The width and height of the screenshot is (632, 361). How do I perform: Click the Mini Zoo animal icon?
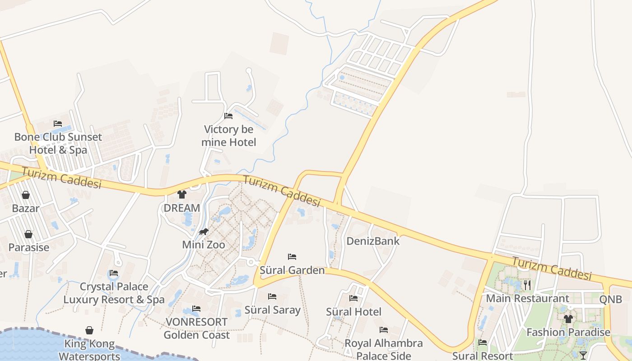pyautogui.click(x=204, y=232)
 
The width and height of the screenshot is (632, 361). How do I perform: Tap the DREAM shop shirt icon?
pyautogui.click(x=182, y=194)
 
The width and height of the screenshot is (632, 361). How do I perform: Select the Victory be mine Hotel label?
pyautogui.click(x=228, y=136)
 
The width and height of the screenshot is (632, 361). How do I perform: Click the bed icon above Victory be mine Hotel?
pyautogui.click(x=228, y=116)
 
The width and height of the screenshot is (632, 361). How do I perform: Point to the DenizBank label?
pyautogui.click(x=373, y=241)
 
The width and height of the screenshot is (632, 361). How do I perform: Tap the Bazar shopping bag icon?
pyautogui.click(x=26, y=195)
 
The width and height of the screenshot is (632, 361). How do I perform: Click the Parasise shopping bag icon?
pyautogui.click(x=28, y=234)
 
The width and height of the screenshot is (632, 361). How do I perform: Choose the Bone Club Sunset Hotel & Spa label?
pyautogui.click(x=58, y=143)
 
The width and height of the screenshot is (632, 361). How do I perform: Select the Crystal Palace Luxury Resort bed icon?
pyautogui.click(x=114, y=273)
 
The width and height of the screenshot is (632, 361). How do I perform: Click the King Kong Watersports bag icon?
pyautogui.click(x=89, y=330)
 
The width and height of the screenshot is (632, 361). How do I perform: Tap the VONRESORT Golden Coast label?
pyautogui.click(x=196, y=329)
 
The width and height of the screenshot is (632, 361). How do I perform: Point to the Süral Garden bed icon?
pyautogui.click(x=292, y=257)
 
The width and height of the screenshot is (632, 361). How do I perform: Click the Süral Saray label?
pyautogui.click(x=272, y=310)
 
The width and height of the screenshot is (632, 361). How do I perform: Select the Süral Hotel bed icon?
pyautogui.click(x=353, y=298)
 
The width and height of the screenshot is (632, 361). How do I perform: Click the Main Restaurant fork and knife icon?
pyautogui.click(x=527, y=285)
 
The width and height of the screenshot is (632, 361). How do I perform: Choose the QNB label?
pyautogui.click(x=610, y=299)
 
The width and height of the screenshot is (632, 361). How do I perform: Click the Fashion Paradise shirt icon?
pyautogui.click(x=568, y=319)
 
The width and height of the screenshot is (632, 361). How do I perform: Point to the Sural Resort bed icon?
pyautogui.click(x=483, y=342)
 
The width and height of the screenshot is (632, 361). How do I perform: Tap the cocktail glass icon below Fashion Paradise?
pyautogui.click(x=583, y=355)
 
